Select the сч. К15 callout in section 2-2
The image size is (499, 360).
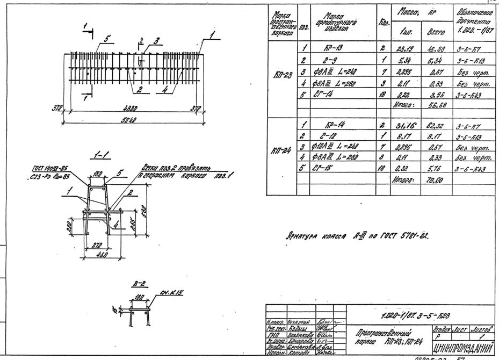pos(172,293)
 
